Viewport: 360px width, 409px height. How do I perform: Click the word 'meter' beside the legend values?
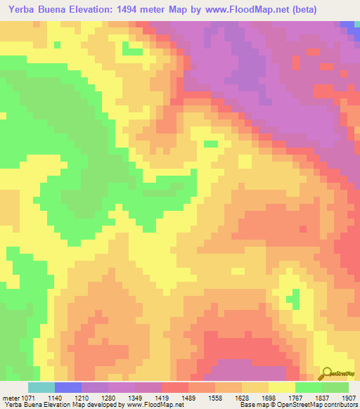tap(11, 397)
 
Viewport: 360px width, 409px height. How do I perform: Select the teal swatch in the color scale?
tap(41, 387)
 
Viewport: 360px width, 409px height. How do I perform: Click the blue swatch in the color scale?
tap(68, 387)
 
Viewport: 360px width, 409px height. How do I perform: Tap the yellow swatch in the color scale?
tap(282, 387)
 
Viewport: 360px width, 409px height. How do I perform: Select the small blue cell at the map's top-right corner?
tap(347, 25)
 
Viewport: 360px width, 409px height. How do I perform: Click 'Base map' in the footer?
tap(251, 405)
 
